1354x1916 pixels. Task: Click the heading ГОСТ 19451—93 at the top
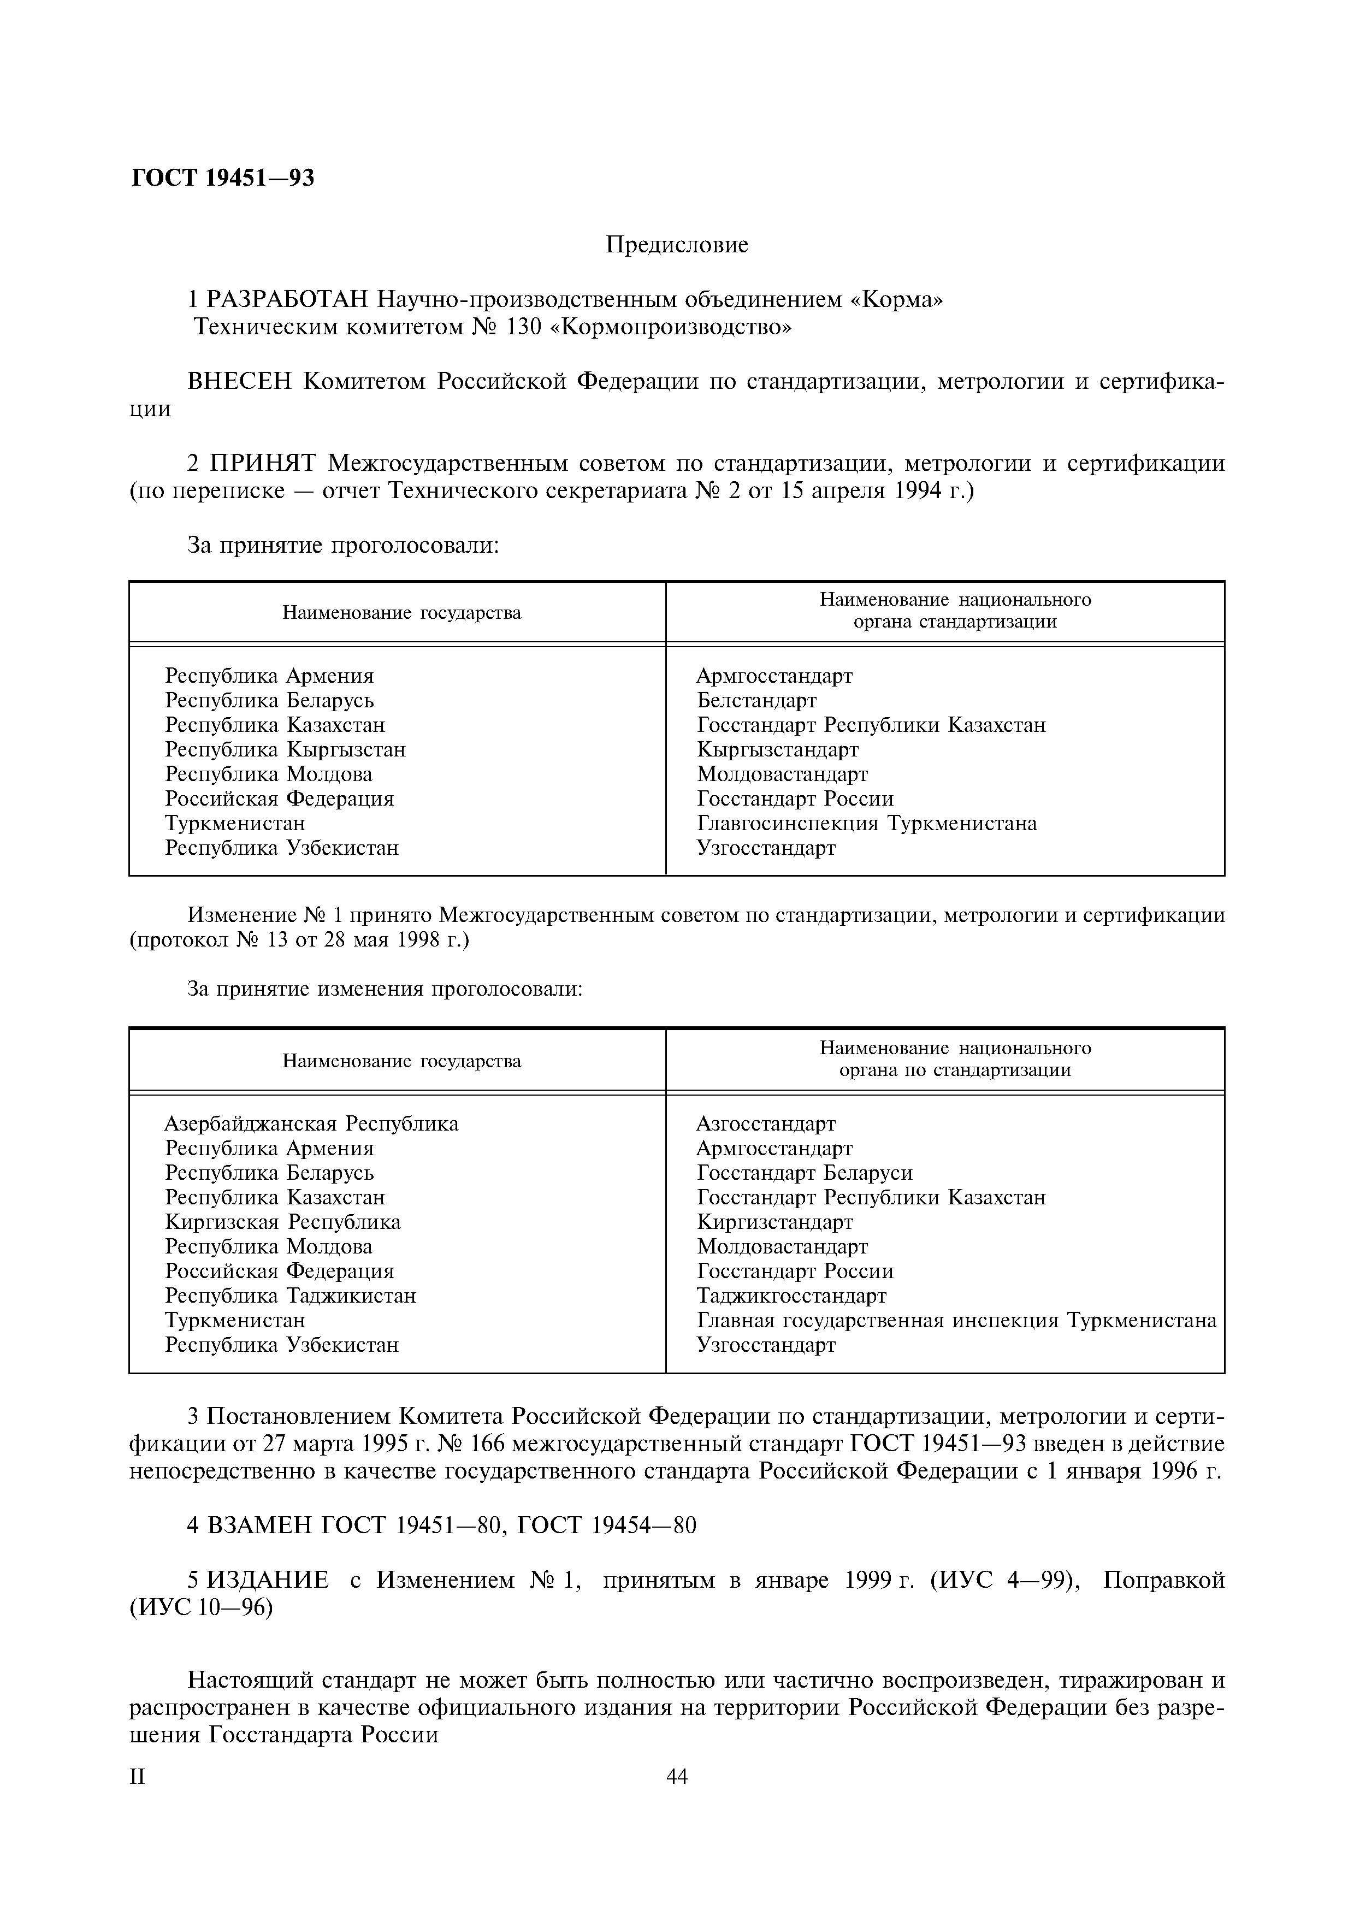pyautogui.click(x=223, y=178)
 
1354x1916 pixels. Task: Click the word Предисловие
pyautogui.click(x=677, y=245)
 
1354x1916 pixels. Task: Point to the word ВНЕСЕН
pyautogui.click(x=240, y=381)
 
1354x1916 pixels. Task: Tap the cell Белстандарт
pyautogui.click(x=756, y=700)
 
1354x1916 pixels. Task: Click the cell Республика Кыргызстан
pyautogui.click(x=285, y=749)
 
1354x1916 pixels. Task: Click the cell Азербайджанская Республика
pyautogui.click(x=311, y=1124)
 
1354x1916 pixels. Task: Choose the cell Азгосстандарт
pyautogui.click(x=766, y=1124)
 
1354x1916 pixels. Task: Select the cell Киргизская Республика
pyautogui.click(x=283, y=1222)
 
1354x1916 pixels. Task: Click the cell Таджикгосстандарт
pyautogui.click(x=791, y=1296)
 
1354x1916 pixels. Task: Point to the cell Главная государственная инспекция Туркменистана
pyautogui.click(x=956, y=1321)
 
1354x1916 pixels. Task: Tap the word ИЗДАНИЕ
pyautogui.click(x=267, y=1581)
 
